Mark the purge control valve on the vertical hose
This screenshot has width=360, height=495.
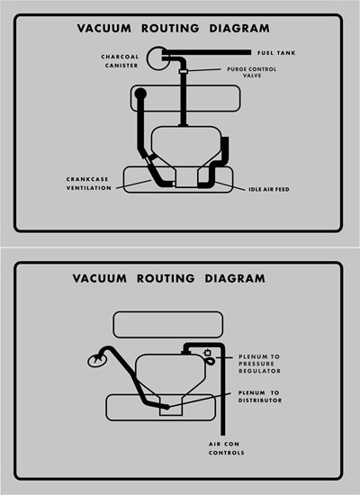183,72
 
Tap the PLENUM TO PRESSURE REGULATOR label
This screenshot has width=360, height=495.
259,363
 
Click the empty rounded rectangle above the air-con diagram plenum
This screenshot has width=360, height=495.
168,324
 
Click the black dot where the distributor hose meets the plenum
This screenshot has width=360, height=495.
166,407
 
